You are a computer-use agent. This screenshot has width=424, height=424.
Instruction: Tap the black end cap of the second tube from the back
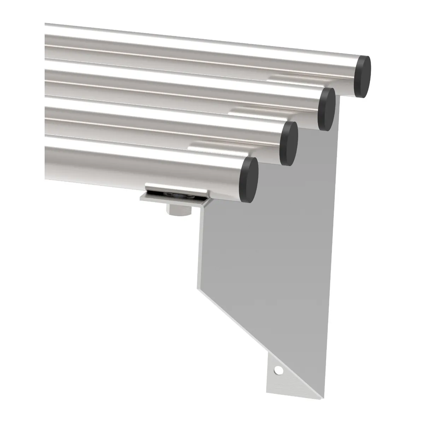[326, 109]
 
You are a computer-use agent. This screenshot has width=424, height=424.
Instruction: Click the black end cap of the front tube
[249, 180]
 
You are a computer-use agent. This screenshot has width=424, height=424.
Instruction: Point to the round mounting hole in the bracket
[279, 371]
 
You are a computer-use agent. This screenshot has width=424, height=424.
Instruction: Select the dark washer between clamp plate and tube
[173, 194]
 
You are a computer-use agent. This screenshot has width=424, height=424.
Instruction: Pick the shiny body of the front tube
[141, 164]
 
